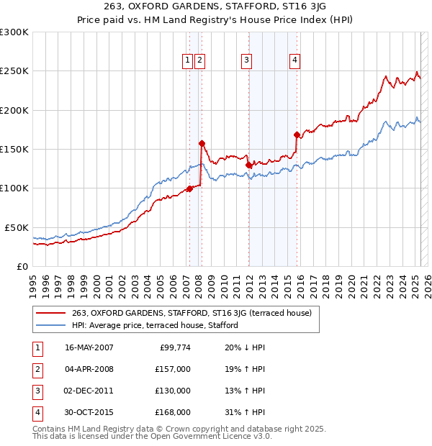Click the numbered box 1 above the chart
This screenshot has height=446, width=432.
187,61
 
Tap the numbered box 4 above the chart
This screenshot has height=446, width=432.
295,61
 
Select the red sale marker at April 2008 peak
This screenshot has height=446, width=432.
202,143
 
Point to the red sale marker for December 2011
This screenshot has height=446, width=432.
248,165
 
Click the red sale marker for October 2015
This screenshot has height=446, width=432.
297,135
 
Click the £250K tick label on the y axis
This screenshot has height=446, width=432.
14,71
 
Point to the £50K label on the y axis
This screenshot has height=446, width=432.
17,227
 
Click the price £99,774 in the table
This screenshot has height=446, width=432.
175,348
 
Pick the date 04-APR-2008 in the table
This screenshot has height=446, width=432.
89,369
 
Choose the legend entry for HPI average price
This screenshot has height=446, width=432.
155,326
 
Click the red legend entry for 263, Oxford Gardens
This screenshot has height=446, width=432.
192,314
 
